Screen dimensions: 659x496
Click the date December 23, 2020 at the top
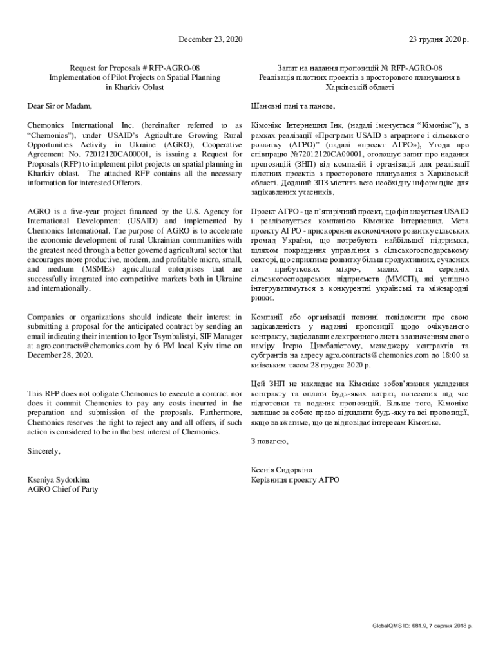coord(210,40)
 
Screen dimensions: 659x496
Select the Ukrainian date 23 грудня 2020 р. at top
coord(439,40)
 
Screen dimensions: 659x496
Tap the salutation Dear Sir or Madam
coord(59,106)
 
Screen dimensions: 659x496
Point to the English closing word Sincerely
coord(44,451)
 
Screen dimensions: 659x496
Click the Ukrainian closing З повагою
coord(270,441)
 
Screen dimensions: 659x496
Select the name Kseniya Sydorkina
coord(58,479)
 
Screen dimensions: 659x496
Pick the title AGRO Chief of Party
coord(62,488)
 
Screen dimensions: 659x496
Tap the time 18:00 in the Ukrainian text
coord(448,355)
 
